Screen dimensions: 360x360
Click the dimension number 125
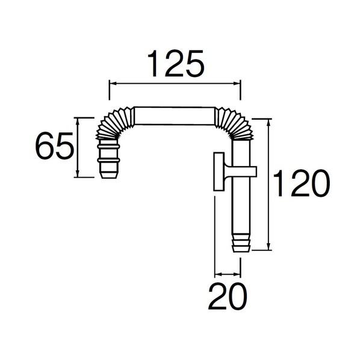(175, 63)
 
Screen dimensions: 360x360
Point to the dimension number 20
(228, 296)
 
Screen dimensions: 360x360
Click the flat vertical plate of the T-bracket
(218, 173)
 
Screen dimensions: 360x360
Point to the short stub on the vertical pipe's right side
(252, 171)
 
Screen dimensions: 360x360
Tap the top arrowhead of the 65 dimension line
(78, 120)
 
